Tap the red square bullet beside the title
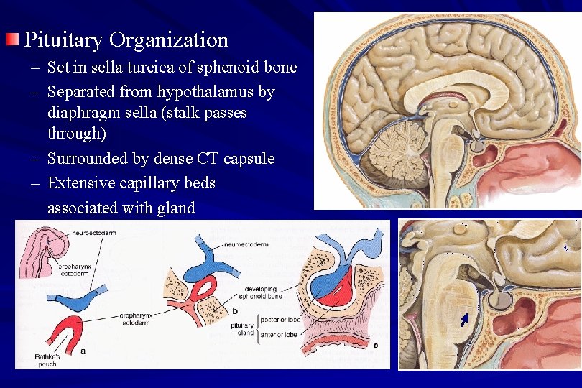14,39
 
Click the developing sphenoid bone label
267,294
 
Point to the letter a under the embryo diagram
84,351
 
